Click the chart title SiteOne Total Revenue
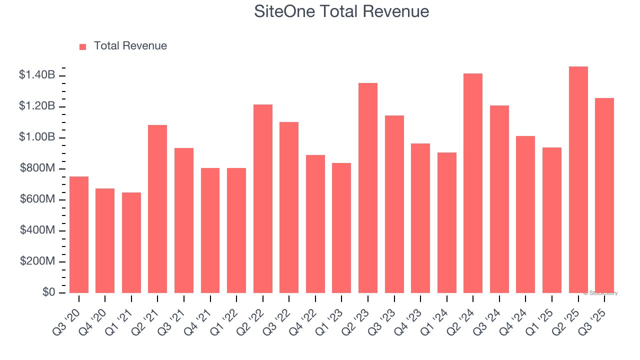point(341,11)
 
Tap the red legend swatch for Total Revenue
point(82,46)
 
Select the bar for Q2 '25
point(578,179)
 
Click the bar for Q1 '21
point(131,242)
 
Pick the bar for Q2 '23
point(368,188)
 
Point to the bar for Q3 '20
point(79,234)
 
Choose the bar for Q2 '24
point(473,183)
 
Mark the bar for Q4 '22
point(315,224)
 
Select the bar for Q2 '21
point(157,209)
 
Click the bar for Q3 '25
point(604,195)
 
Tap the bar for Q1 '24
point(446,222)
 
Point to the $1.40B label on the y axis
point(37,75)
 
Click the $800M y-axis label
point(38,168)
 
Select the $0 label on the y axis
point(48,292)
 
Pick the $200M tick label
point(38,261)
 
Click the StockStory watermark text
point(600,293)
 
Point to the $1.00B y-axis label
point(37,137)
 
